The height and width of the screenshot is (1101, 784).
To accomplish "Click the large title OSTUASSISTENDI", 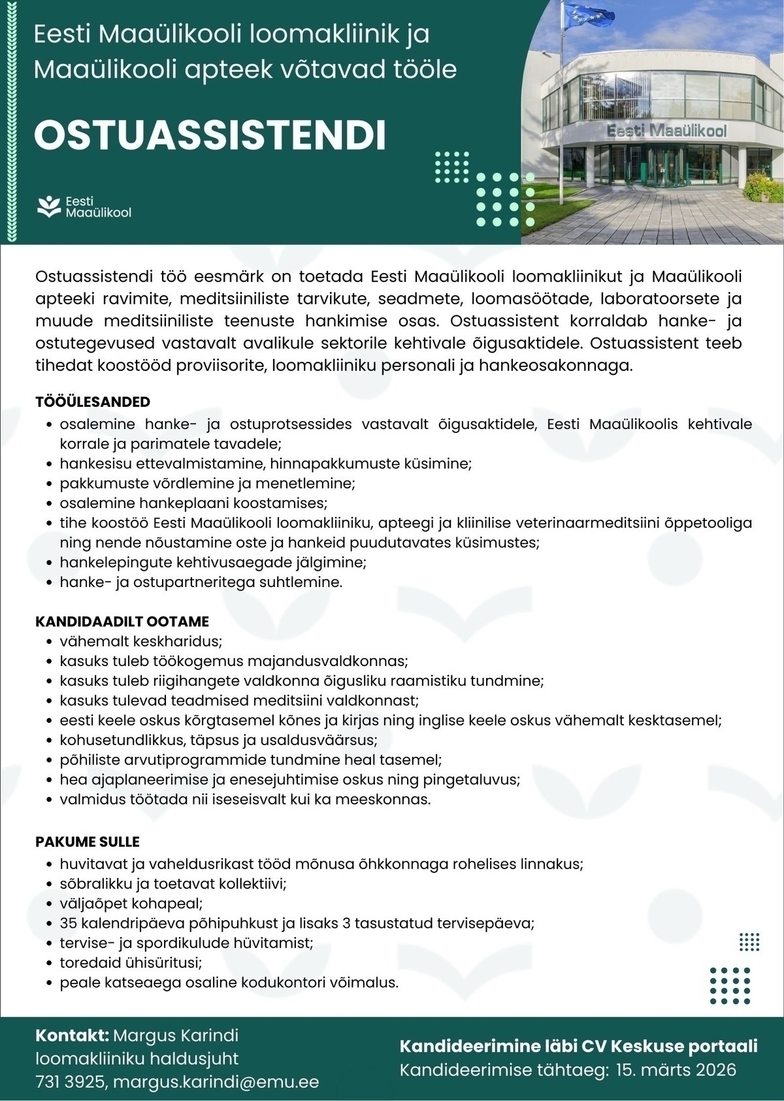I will tap(210, 135).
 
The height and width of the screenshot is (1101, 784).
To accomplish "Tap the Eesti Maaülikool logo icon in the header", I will tap(48, 206).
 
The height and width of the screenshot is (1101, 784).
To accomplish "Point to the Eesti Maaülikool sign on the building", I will tap(666, 131).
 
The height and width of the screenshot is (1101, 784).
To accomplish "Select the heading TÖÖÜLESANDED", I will tap(93, 402).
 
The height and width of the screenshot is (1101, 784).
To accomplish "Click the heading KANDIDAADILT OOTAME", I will tap(122, 621).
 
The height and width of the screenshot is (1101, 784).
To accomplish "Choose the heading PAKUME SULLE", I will tap(88, 842).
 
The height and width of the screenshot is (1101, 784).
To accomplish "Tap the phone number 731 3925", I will tap(70, 1082).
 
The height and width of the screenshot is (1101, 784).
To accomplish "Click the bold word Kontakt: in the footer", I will tap(72, 1036).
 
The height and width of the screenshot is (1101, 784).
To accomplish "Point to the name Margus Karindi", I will tap(176, 1036).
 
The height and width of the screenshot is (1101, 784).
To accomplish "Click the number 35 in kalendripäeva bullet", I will tap(68, 923).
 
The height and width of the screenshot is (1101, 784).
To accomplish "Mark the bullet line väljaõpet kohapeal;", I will tap(131, 904).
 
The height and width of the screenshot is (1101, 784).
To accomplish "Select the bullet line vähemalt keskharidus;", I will tap(141, 641).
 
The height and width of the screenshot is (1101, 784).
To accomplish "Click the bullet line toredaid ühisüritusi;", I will tap(131, 963).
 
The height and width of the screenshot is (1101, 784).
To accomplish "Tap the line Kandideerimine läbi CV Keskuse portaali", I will tap(578, 1047).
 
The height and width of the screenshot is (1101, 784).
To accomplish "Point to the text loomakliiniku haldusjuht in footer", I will tap(137, 1059).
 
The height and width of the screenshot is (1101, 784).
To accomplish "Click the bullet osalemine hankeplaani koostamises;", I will tap(193, 503).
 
